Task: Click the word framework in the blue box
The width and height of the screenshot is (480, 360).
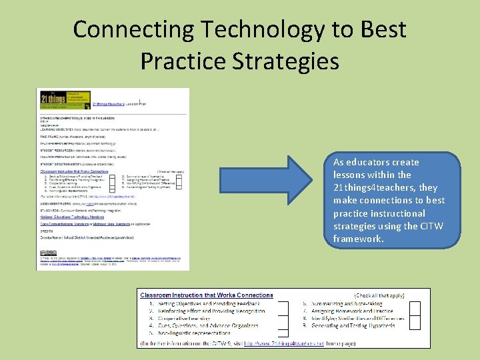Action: [x=359, y=239]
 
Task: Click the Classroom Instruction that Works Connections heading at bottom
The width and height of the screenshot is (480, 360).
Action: [x=205, y=295]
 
